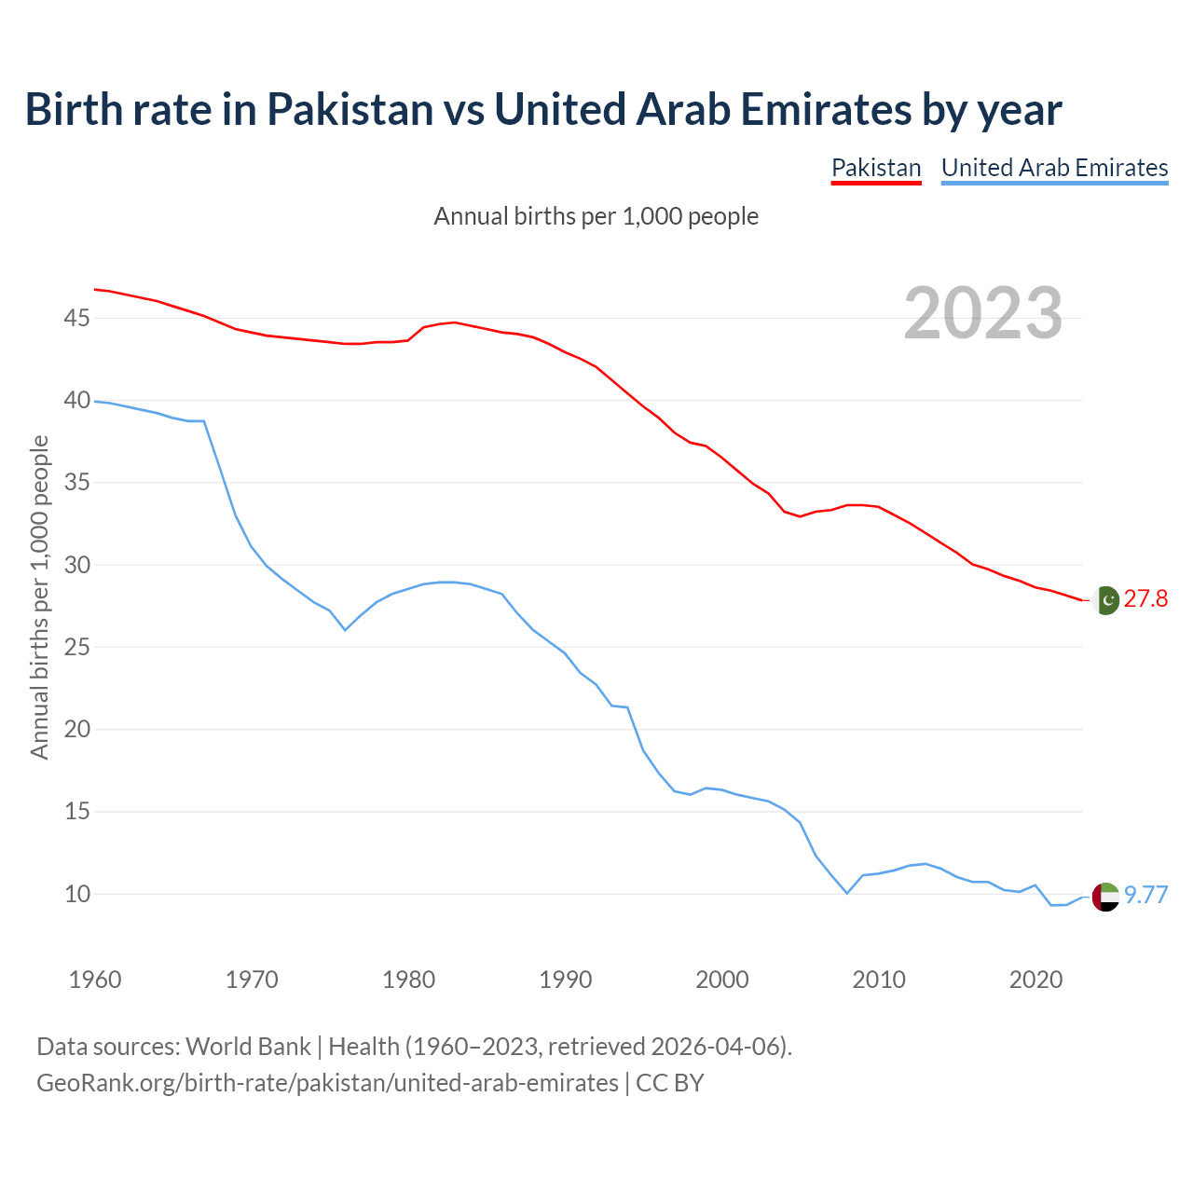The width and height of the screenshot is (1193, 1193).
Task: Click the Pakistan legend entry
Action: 876,168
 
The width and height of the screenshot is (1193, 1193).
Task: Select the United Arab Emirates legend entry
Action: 1054,168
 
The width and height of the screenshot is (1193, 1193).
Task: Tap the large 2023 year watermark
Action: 983,313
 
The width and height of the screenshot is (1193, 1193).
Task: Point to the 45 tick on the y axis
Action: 76,319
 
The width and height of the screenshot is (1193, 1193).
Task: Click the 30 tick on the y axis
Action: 76,566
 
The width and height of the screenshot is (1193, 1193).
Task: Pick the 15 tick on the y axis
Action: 76,812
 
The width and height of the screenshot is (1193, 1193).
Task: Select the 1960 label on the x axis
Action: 95,980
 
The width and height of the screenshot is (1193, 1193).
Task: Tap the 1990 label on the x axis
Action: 566,980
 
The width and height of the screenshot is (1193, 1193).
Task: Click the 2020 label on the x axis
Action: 1036,980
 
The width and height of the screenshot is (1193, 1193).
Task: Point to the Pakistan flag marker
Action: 1105,600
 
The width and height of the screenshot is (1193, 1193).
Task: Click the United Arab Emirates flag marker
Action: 1105,897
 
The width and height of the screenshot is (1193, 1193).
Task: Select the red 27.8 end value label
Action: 1145,598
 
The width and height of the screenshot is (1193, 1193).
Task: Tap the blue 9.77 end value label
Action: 1145,895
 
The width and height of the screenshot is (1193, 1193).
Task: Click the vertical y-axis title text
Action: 39,597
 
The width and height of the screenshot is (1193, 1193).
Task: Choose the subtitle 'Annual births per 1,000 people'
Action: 596,216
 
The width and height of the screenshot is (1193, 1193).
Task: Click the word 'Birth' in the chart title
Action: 75,109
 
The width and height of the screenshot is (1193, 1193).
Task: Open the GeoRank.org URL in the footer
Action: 327,1083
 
